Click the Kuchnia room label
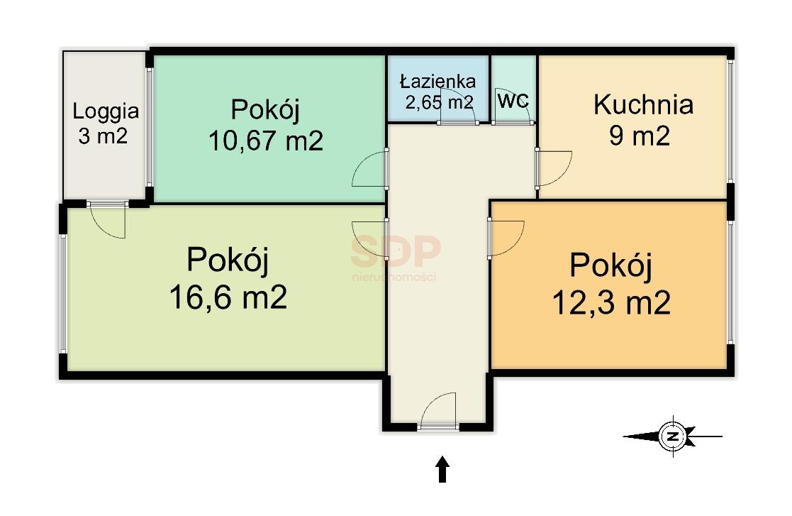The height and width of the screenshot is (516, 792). [x=643, y=104]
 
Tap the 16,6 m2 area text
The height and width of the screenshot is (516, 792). [x=228, y=297]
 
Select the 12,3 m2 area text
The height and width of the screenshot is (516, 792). [x=611, y=303]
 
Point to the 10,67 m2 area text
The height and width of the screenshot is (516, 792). [x=266, y=141]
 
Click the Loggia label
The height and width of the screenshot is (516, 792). [x=106, y=111]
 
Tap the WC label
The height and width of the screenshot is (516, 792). [x=513, y=100]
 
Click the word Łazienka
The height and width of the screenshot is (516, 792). [x=438, y=81]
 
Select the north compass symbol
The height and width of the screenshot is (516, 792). [x=672, y=436]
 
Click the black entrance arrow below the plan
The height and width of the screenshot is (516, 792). [x=442, y=469]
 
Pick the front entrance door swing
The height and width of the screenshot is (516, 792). [x=438, y=412]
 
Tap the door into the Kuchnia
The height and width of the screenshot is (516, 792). [x=553, y=168]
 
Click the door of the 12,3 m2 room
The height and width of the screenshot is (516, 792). [x=506, y=238]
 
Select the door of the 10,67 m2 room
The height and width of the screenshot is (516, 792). [x=370, y=169]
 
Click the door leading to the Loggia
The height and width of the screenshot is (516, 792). [x=107, y=219]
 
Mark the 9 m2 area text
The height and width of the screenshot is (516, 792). [x=640, y=136]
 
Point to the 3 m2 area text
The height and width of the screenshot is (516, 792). [x=103, y=136]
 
